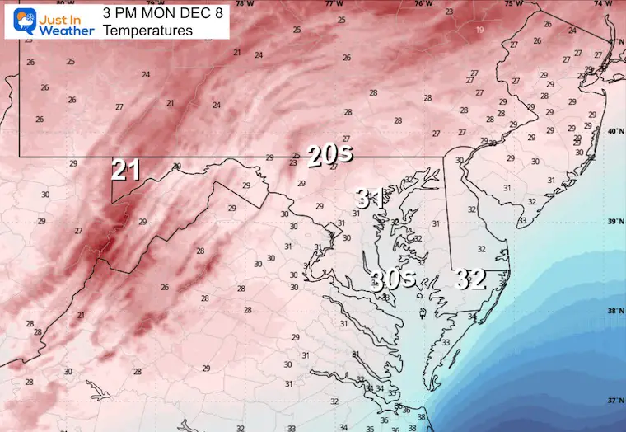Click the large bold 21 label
126,171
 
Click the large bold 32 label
471,279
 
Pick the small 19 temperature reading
479,30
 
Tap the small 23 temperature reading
449,12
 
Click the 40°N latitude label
614,131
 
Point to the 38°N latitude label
614,312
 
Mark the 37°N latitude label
614,401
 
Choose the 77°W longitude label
334,4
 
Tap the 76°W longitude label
423,4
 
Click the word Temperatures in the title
142,31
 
